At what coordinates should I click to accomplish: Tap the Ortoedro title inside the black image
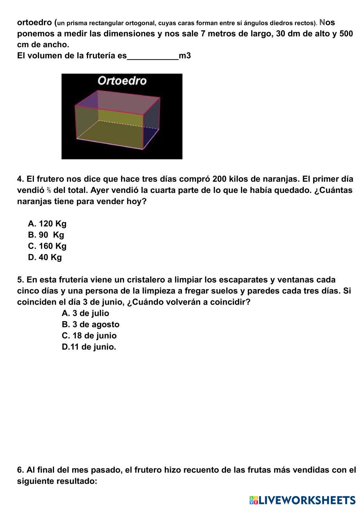click(x=122, y=81)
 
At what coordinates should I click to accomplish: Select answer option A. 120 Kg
click(x=47, y=223)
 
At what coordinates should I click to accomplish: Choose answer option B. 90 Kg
click(x=46, y=235)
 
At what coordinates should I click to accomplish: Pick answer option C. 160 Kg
click(x=47, y=246)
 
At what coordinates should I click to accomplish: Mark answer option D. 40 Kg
click(x=45, y=257)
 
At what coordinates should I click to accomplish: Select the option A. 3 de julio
click(x=85, y=313)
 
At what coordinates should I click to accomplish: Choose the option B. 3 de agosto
click(x=90, y=324)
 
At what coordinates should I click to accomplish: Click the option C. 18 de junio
click(x=89, y=335)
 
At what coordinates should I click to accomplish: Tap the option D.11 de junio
click(x=89, y=347)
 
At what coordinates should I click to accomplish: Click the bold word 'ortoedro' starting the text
click(x=35, y=23)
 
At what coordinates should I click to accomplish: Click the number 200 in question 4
click(x=219, y=179)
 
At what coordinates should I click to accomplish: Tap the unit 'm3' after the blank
click(x=185, y=56)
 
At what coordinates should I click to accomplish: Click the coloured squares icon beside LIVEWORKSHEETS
click(x=254, y=500)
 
